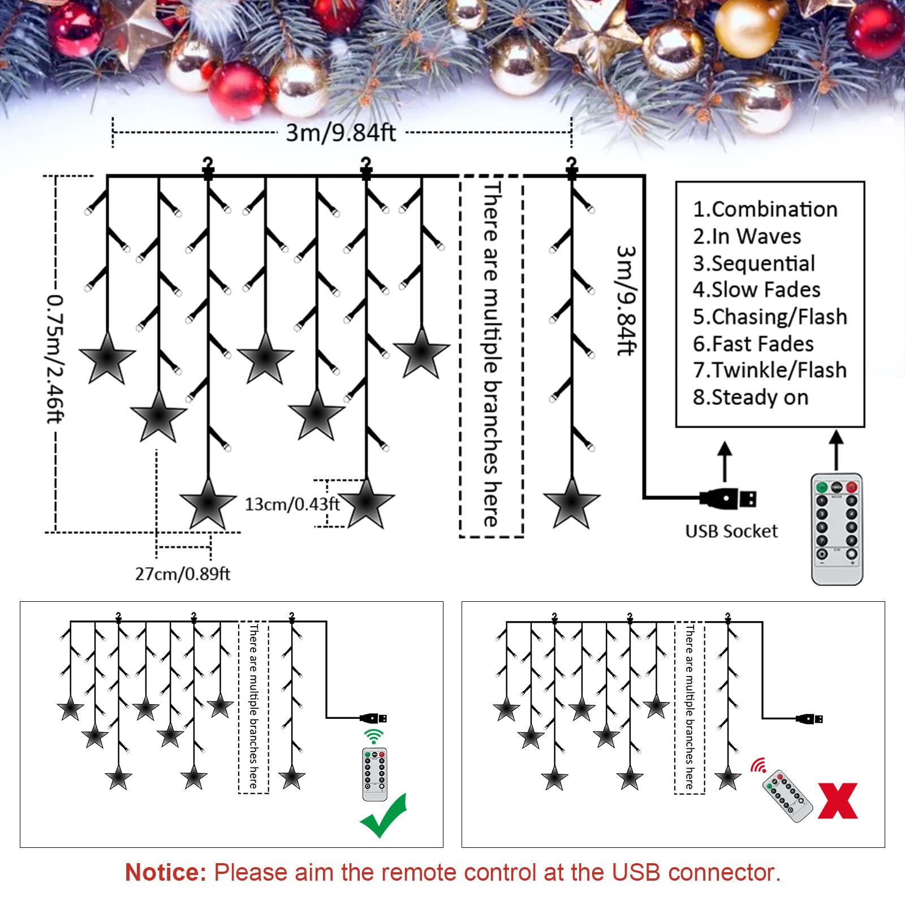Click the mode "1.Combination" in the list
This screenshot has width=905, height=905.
pos(765,209)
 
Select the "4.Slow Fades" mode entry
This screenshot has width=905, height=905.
pos(757,290)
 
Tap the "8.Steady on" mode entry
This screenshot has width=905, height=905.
pos(751,398)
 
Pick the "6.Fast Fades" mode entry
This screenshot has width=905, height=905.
pos(753,344)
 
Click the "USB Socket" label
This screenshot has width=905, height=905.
pos(731,531)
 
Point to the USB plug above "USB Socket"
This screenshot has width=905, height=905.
pos(728,498)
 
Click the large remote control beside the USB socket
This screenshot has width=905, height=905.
pos(837,529)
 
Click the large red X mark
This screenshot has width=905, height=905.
pos(838,800)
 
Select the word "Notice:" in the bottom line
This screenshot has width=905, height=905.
pos(166,872)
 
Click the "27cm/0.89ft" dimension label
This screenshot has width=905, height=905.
pos(183,574)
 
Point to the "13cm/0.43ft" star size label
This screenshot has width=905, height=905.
pos(292,504)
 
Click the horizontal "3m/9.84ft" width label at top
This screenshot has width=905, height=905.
pos(341,133)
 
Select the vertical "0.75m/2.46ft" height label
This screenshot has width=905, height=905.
pos(55,358)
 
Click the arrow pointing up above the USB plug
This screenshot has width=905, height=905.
pos(725,462)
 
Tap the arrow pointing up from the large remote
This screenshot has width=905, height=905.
pos(837,450)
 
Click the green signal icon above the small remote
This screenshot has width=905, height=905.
pos(373,736)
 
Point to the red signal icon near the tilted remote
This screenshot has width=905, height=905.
pos(759,765)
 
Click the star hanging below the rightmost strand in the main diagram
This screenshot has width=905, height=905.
pos(571,503)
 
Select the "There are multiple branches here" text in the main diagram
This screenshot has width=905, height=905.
pos(492,355)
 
